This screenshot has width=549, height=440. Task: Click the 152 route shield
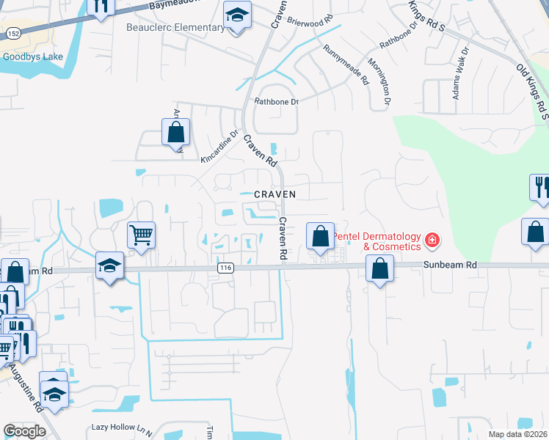coord(14,34)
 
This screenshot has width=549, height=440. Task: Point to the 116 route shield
coord(225,269)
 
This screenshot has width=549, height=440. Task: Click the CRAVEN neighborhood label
coord(275,194)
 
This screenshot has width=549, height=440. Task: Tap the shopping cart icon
coord(141,235)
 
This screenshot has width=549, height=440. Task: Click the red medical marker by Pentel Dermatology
coord(432,238)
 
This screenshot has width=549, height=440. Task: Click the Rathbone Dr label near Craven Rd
coord(276,102)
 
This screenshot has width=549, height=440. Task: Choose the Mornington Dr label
coord(379,81)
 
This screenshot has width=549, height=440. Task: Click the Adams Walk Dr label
coord(460,73)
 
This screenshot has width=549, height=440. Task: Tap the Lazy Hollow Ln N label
coord(120,426)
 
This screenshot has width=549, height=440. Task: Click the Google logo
coord(24,431)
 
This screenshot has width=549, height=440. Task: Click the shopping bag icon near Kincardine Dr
coord(175,133)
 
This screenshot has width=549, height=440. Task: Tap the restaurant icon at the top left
coord(101,7)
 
